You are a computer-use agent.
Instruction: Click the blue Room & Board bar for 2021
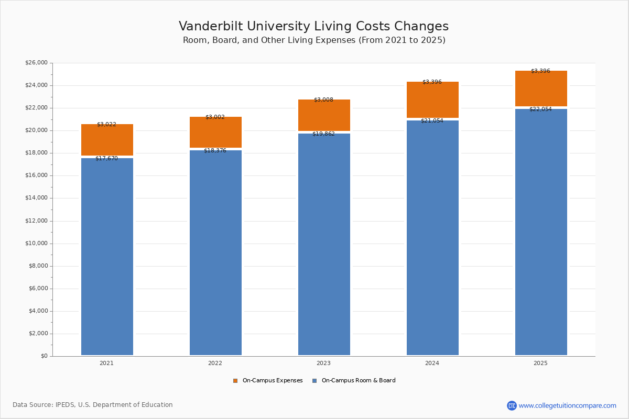pos(107,257)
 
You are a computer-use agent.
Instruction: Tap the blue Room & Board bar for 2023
pos(324,244)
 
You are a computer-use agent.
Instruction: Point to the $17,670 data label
pos(106,158)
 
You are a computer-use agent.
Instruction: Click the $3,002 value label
pos(215,117)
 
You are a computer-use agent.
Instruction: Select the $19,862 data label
pos(323,134)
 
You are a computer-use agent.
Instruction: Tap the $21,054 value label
pos(432,121)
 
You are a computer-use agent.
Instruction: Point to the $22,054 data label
pos(540,109)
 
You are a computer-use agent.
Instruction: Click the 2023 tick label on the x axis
pos(323,363)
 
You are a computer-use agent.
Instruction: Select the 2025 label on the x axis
pos(540,363)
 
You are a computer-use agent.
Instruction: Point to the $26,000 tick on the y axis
pos(36,63)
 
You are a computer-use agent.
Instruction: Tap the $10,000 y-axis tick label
pos(36,244)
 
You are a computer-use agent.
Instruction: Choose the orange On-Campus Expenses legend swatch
pos(235,381)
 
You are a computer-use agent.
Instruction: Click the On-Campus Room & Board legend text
pos(359,381)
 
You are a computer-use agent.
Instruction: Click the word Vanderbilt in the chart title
pos(209,27)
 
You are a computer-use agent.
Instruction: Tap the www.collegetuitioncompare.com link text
pos(567,406)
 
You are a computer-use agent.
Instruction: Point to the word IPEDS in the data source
pos(65,405)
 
